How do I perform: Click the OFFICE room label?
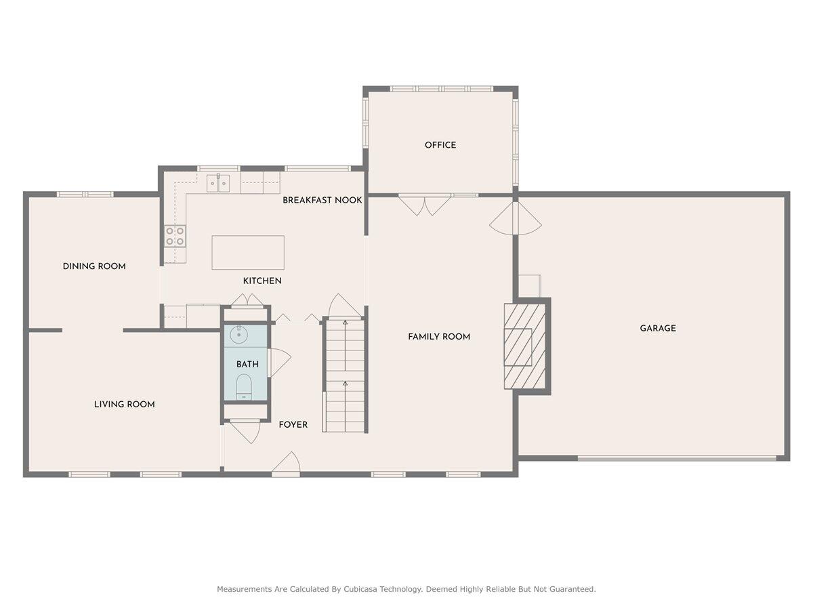click(x=440, y=145)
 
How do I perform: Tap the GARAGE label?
click(x=658, y=328)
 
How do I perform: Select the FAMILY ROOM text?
click(x=439, y=336)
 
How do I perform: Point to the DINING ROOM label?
click(x=94, y=266)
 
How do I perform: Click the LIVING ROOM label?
click(x=124, y=404)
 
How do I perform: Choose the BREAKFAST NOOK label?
click(x=322, y=200)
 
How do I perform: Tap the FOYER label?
click(x=293, y=424)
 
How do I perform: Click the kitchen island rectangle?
click(x=248, y=253)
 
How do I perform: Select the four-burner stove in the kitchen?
click(x=175, y=236)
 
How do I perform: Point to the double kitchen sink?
click(x=218, y=182)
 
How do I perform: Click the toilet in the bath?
click(x=244, y=388)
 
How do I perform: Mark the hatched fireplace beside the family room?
click(x=524, y=346)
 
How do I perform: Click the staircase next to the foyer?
click(x=344, y=376)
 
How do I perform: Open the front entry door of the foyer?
click(x=287, y=465)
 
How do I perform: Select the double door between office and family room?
click(x=425, y=204)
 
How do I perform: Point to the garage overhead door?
click(x=677, y=458)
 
